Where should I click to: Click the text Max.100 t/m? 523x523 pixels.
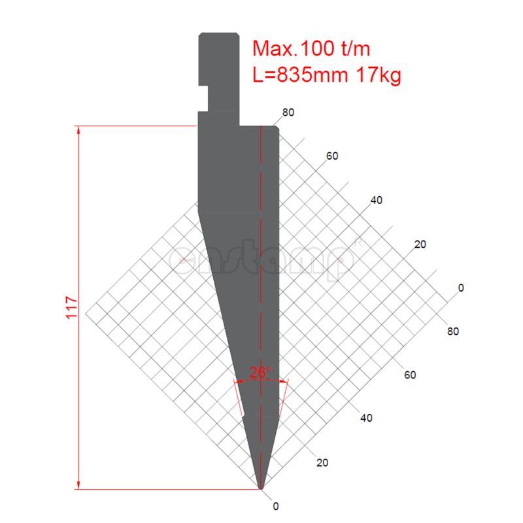coord(311,48)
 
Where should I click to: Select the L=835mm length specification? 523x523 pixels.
coord(300,75)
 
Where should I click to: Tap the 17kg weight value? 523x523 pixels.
coord(379,75)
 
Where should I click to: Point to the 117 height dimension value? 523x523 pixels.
coord(72,307)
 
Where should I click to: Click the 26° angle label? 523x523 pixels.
coord(260,372)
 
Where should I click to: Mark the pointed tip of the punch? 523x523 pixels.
coord(261,489)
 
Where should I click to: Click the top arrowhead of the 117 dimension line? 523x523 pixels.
coord(78,129)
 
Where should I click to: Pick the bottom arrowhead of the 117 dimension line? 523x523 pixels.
coord(78,485)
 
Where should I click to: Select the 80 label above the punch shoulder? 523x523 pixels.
coord(288,112)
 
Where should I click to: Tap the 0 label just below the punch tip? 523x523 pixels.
coord(276,506)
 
